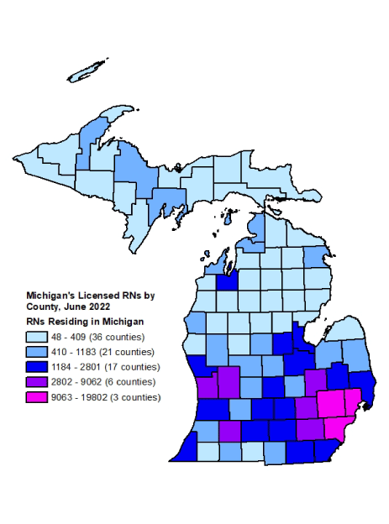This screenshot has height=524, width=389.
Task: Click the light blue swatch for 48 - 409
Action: click(36, 337)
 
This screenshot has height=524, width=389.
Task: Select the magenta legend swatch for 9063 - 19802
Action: click(36, 397)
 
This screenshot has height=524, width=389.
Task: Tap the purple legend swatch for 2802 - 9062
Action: click(36, 382)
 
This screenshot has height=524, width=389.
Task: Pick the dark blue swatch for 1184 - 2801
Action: click(36, 367)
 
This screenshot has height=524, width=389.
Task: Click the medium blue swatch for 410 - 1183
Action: click(36, 352)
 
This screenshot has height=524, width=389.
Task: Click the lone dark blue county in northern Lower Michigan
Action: click(227, 280)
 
